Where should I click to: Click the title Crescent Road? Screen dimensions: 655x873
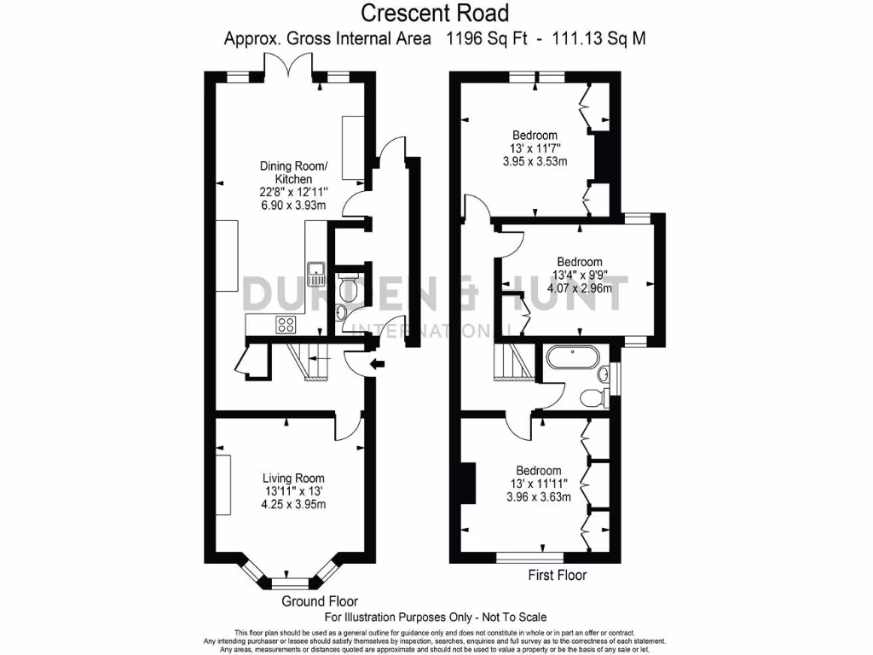click(x=435, y=13)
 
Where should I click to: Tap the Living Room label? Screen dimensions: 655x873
click(x=293, y=478)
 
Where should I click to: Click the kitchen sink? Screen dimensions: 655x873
click(x=318, y=272)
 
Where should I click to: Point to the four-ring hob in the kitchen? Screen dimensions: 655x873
click(x=285, y=324)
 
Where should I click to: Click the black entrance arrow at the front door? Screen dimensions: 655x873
click(x=378, y=365)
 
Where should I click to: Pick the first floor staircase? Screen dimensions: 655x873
click(x=513, y=362)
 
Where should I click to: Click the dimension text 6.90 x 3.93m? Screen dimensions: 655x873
click(x=293, y=206)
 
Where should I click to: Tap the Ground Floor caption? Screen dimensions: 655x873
click(x=320, y=600)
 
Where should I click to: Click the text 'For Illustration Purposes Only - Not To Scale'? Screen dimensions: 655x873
click(x=436, y=617)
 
